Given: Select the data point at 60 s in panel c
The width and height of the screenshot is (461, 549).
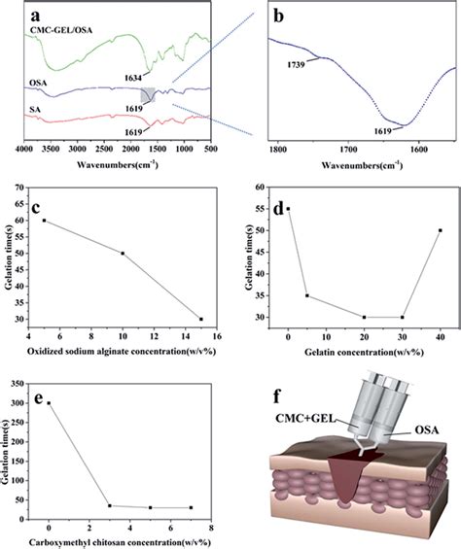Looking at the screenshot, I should click(x=44, y=220).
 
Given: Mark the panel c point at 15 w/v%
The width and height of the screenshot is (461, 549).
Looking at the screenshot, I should click(x=201, y=319).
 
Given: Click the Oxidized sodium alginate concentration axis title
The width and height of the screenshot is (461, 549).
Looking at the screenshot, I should click(x=122, y=352).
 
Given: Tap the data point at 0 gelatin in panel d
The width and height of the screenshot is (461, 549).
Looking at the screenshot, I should click(x=288, y=209).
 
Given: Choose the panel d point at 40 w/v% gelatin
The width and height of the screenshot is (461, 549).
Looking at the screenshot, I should click(x=440, y=230).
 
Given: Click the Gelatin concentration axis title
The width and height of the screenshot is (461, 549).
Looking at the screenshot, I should click(x=363, y=352).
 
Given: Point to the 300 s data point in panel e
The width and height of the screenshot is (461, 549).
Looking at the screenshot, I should click(x=49, y=403).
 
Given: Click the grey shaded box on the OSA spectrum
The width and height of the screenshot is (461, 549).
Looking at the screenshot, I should click(x=148, y=95).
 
